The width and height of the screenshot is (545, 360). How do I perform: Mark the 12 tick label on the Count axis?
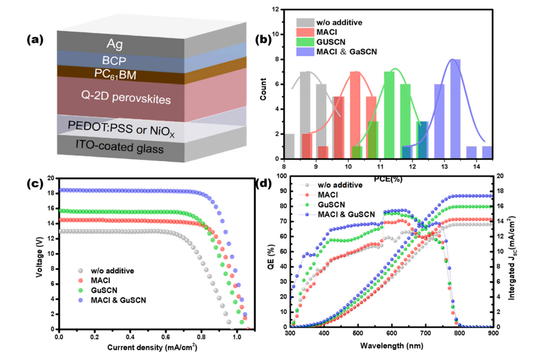275,9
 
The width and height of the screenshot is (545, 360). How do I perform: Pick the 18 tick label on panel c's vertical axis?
51,193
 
